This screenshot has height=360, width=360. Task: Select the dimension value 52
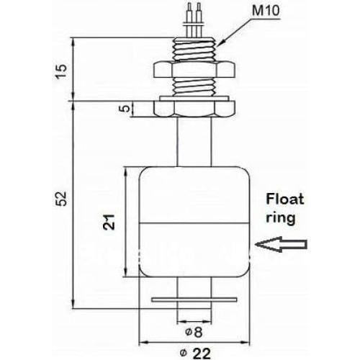[x=61, y=196]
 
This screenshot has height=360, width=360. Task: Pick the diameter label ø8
[x=192, y=332]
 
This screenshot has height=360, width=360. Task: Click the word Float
[x=286, y=199]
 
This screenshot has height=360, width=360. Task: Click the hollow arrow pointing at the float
[x=281, y=247]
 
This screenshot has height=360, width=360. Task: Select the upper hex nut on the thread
[x=192, y=69]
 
